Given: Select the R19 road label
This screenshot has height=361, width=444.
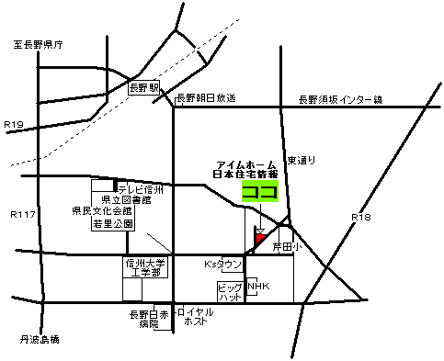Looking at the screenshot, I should pyautogui.click(x=14, y=123).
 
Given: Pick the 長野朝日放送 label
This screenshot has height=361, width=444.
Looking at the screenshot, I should pyautogui.click(x=207, y=97).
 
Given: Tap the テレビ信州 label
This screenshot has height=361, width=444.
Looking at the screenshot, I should pyautogui.click(x=139, y=189).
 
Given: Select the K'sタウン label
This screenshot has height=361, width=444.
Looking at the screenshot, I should pyautogui.click(x=222, y=265).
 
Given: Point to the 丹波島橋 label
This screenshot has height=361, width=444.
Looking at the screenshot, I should pyautogui.click(x=40, y=340).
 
